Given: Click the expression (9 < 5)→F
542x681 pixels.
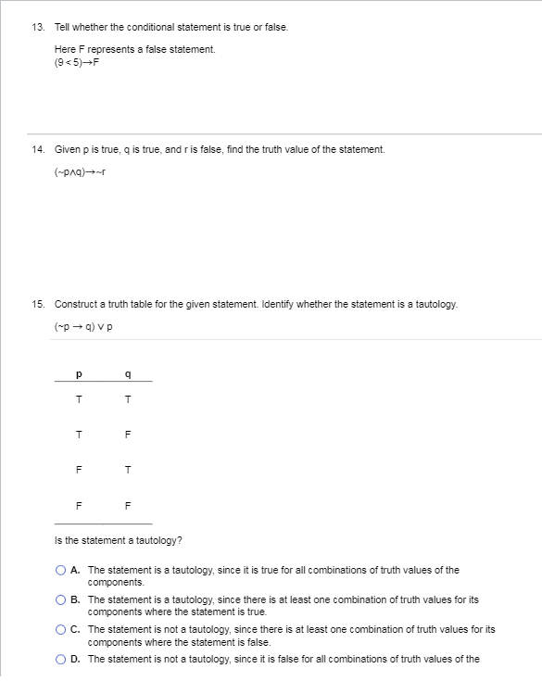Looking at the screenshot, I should coord(77,62).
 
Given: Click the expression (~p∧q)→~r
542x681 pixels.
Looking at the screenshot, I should coord(82,177).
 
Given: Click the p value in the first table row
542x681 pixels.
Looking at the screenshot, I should coord(81,400).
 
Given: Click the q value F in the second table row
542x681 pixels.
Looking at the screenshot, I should coord(128,435).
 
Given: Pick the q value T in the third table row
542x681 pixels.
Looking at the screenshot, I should coord(128,469).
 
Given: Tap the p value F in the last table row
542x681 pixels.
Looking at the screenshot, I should coord(81,504).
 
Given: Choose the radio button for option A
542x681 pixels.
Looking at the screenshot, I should coord(60,571).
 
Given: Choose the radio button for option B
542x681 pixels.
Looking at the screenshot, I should coord(60,600).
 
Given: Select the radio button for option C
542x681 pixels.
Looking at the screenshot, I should coord(60,630).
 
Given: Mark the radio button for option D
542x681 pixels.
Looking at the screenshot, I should coord(60,660).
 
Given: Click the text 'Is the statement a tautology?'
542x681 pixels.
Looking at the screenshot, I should coord(111,540).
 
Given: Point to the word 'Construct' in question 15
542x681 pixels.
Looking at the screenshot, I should coord(75,304).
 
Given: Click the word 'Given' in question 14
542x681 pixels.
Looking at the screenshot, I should coord(68,149).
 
